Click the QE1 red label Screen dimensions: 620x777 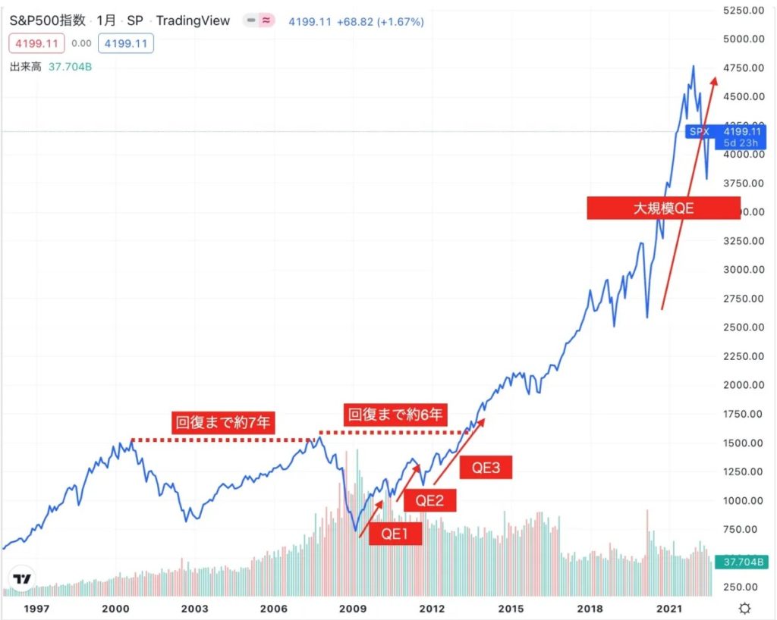(395, 534)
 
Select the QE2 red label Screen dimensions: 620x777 (429, 499)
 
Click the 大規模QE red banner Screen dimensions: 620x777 (663, 208)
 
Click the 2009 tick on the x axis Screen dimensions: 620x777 (353, 608)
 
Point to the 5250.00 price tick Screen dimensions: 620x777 (742, 10)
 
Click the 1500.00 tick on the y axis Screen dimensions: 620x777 (742, 443)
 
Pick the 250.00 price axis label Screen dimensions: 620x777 (742, 587)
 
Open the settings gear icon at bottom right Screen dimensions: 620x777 (745, 608)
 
